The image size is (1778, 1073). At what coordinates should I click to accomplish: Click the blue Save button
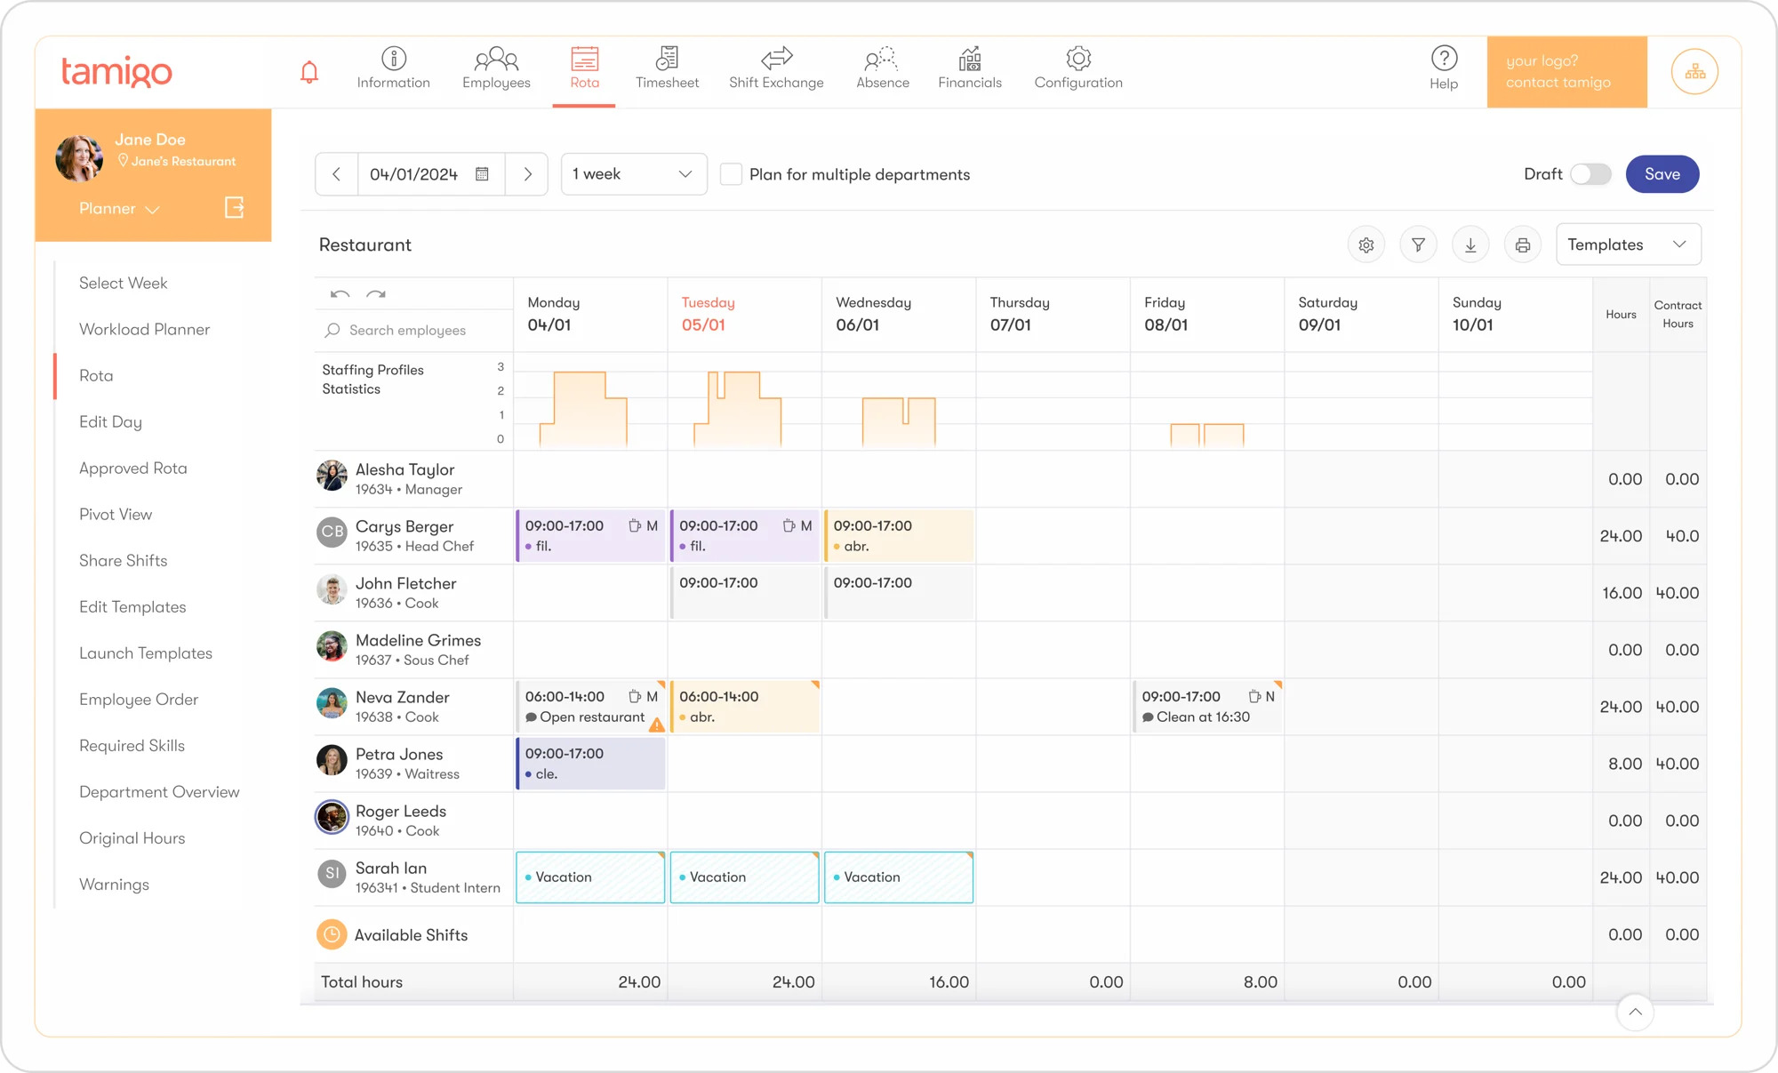coord(1662,174)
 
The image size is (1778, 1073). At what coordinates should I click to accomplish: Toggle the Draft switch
coord(1590,174)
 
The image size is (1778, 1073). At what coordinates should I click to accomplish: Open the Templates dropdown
coord(1628,244)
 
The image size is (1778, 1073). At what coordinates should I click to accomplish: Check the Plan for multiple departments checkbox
coord(731,174)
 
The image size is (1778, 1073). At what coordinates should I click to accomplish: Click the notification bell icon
coord(309,72)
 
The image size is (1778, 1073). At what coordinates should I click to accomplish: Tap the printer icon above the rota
coord(1522,245)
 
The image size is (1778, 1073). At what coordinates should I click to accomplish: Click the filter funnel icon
coord(1418,245)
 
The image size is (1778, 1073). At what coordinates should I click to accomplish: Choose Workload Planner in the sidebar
coord(144,330)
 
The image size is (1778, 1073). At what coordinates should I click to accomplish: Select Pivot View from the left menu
coord(116,515)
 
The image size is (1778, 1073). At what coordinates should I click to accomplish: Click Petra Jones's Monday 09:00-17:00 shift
coord(590,764)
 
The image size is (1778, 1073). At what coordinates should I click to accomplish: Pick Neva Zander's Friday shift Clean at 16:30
coord(1207,707)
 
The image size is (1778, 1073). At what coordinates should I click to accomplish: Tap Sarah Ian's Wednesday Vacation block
coord(898,877)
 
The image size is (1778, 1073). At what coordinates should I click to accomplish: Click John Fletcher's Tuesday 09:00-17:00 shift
coord(744,593)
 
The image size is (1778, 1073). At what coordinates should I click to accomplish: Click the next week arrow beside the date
coord(527,174)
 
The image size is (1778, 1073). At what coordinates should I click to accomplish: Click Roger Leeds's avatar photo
coord(332,817)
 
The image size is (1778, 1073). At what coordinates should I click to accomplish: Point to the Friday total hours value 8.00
coord(1260,982)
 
